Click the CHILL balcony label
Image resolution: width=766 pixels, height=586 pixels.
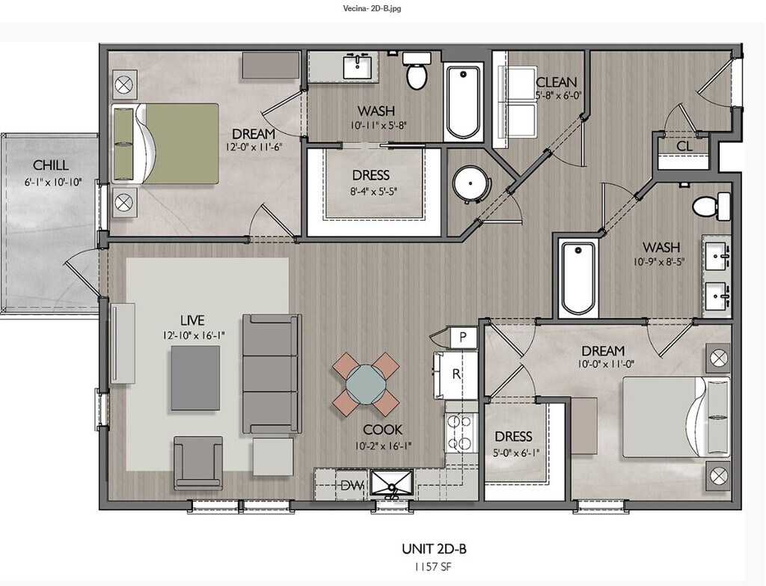pos(51,165)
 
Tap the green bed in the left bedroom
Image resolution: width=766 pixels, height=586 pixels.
pos(166,144)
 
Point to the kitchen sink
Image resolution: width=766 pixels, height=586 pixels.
pos(392,484)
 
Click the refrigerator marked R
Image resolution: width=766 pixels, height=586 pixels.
pos(456,375)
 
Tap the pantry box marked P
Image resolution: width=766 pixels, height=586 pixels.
pos(462,337)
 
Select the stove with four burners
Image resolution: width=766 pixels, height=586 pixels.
pos(461,433)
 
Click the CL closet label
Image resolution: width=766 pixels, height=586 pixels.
pos(684,146)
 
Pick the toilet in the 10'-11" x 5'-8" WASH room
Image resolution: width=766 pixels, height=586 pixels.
pos(417,71)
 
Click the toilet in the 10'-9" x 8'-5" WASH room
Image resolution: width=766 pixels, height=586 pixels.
pos(711,206)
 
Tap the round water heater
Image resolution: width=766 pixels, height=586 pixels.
pos(471,184)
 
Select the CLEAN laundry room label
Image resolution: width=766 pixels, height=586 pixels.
pos(556,82)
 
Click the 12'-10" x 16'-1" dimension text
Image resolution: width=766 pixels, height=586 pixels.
pos(194,335)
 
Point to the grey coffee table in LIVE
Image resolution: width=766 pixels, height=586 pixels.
pos(195,378)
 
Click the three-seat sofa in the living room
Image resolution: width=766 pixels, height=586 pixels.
pos(271,374)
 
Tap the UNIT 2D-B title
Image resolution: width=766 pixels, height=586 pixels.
pos(434,549)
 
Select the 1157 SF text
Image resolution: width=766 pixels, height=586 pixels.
pos(433,567)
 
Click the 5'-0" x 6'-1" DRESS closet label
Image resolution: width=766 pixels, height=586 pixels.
pos(513,436)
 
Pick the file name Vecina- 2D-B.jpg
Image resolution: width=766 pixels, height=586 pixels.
pos(373,8)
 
